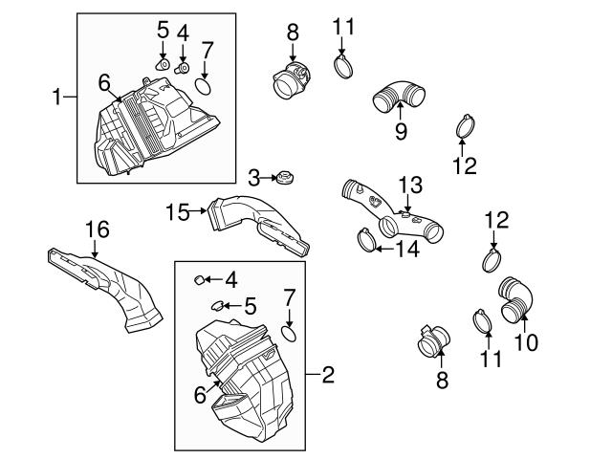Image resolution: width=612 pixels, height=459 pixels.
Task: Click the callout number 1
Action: [x=56, y=96]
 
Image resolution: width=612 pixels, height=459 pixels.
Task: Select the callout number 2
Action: [x=328, y=375]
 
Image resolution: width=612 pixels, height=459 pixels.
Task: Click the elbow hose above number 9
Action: [x=394, y=98]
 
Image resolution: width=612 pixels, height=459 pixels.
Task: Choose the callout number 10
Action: [x=526, y=339]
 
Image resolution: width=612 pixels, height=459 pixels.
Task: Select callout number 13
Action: [x=410, y=182]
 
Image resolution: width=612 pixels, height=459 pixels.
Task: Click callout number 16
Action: [x=98, y=229]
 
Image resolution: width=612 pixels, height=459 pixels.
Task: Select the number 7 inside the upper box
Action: [x=207, y=49]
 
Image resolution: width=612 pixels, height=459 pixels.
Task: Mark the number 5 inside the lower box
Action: [x=250, y=306]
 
